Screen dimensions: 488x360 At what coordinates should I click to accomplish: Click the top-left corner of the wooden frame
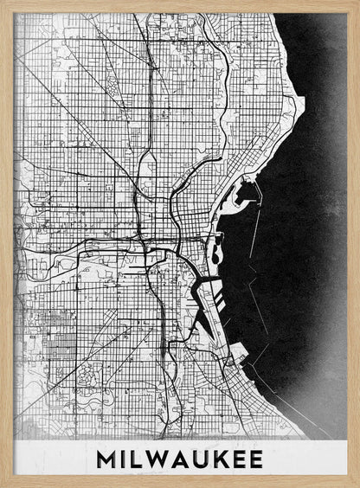point(2,2)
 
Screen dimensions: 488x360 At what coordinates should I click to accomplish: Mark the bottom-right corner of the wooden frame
point(357,485)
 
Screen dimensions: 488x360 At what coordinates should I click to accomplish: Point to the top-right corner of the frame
point(357,2)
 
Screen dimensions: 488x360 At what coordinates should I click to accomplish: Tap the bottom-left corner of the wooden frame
point(2,485)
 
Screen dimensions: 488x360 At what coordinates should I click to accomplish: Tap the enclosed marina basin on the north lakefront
point(245,186)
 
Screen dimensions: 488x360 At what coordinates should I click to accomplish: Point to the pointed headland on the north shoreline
point(300,104)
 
